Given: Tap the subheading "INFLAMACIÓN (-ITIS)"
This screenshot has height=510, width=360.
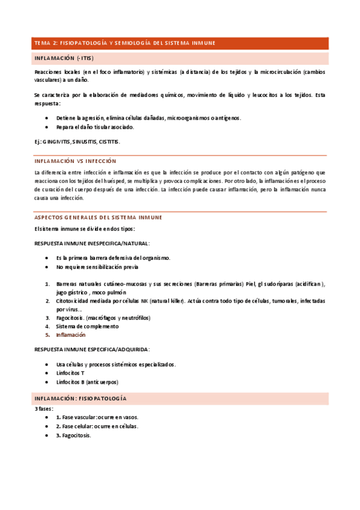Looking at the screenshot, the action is click(64, 58).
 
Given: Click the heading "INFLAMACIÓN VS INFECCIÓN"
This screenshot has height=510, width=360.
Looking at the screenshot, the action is click(75, 161).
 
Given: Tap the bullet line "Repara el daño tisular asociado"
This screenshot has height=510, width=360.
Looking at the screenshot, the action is click(95, 127).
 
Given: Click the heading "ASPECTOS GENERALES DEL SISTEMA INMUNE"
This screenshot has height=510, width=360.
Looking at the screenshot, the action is click(98, 217).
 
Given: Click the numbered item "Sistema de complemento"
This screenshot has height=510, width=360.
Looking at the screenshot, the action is click(87, 326).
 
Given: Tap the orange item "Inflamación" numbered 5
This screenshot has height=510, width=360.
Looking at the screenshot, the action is click(71, 334).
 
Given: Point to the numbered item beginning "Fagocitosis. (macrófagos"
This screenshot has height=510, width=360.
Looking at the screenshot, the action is click(103, 318).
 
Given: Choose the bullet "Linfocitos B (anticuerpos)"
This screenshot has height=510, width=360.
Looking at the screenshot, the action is click(87, 382).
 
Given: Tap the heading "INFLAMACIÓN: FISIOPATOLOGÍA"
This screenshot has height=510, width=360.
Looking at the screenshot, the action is click(80, 399).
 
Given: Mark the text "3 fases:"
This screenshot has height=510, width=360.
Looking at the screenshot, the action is click(44, 408).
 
